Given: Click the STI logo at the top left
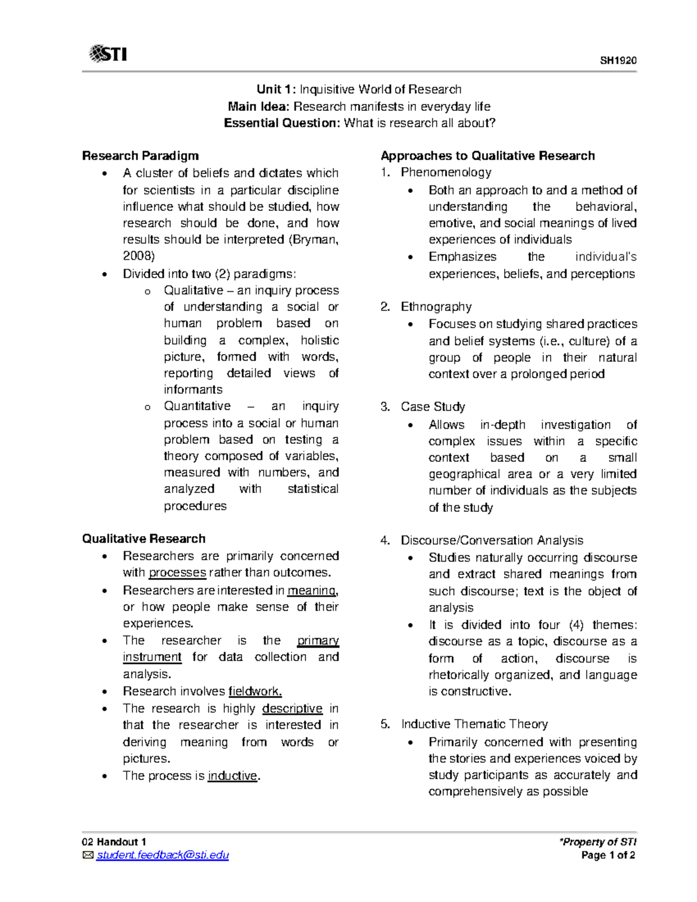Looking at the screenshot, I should pyautogui.click(x=108, y=54).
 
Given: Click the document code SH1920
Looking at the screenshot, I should pyautogui.click(x=618, y=60).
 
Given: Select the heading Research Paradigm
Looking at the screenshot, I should pyautogui.click(x=140, y=156).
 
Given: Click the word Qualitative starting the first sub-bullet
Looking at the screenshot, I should pyautogui.click(x=193, y=290).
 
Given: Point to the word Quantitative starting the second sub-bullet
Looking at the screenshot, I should pyautogui.click(x=197, y=406).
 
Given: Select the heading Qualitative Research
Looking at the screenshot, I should pyautogui.click(x=143, y=538).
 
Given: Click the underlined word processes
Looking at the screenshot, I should pyautogui.click(x=177, y=573).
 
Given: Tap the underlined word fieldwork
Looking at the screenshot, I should pyautogui.click(x=255, y=691).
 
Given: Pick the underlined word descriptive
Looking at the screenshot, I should pyautogui.click(x=292, y=709).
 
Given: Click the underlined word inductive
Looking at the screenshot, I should pyautogui.click(x=232, y=776).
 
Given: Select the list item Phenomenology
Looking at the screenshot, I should pyautogui.click(x=445, y=172).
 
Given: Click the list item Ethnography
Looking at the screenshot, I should pyautogui.click(x=436, y=307).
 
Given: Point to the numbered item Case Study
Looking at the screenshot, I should pyautogui.click(x=433, y=407).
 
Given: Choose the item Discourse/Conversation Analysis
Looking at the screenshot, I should pyautogui.click(x=491, y=540).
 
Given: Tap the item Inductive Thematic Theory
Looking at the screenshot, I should pyautogui.click(x=474, y=724).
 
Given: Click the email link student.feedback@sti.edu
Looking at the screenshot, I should pyautogui.click(x=163, y=855).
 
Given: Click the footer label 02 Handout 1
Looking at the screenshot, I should pyautogui.click(x=114, y=842).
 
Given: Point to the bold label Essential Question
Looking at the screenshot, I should pyautogui.click(x=282, y=123).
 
